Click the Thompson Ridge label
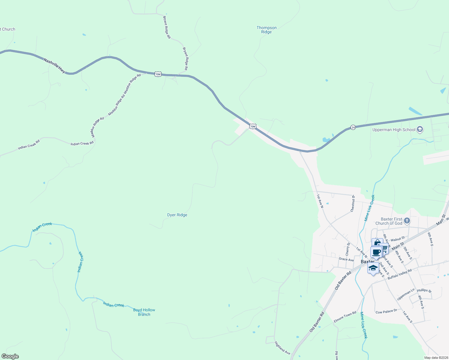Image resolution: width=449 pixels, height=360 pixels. tap(267, 30)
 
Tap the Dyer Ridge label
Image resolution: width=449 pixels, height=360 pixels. tap(177, 215)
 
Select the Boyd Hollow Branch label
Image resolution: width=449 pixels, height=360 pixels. tap(144, 312)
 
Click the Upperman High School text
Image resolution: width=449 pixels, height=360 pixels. tap(394, 130)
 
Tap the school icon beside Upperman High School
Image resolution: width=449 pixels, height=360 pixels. tap(420, 130)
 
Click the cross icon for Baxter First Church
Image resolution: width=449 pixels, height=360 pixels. tap(407, 221)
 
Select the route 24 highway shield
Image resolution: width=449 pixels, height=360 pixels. tap(353, 127)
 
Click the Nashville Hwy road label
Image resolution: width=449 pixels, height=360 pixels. tap(54, 65)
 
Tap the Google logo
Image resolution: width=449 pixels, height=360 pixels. tap(10, 356)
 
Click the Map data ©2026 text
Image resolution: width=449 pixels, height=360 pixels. tap(436, 358)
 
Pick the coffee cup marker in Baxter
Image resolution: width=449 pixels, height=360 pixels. tap(376, 252)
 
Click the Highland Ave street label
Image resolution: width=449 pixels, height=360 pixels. tap(282, 348)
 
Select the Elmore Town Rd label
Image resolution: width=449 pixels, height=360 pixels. tap(345, 317)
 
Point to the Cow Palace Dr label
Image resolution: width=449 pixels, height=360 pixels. tap(386, 312)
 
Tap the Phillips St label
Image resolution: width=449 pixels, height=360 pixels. tap(424, 290)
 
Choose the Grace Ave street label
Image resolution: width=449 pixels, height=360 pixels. tap(346, 259)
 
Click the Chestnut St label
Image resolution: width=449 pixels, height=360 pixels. tap(353, 203)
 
